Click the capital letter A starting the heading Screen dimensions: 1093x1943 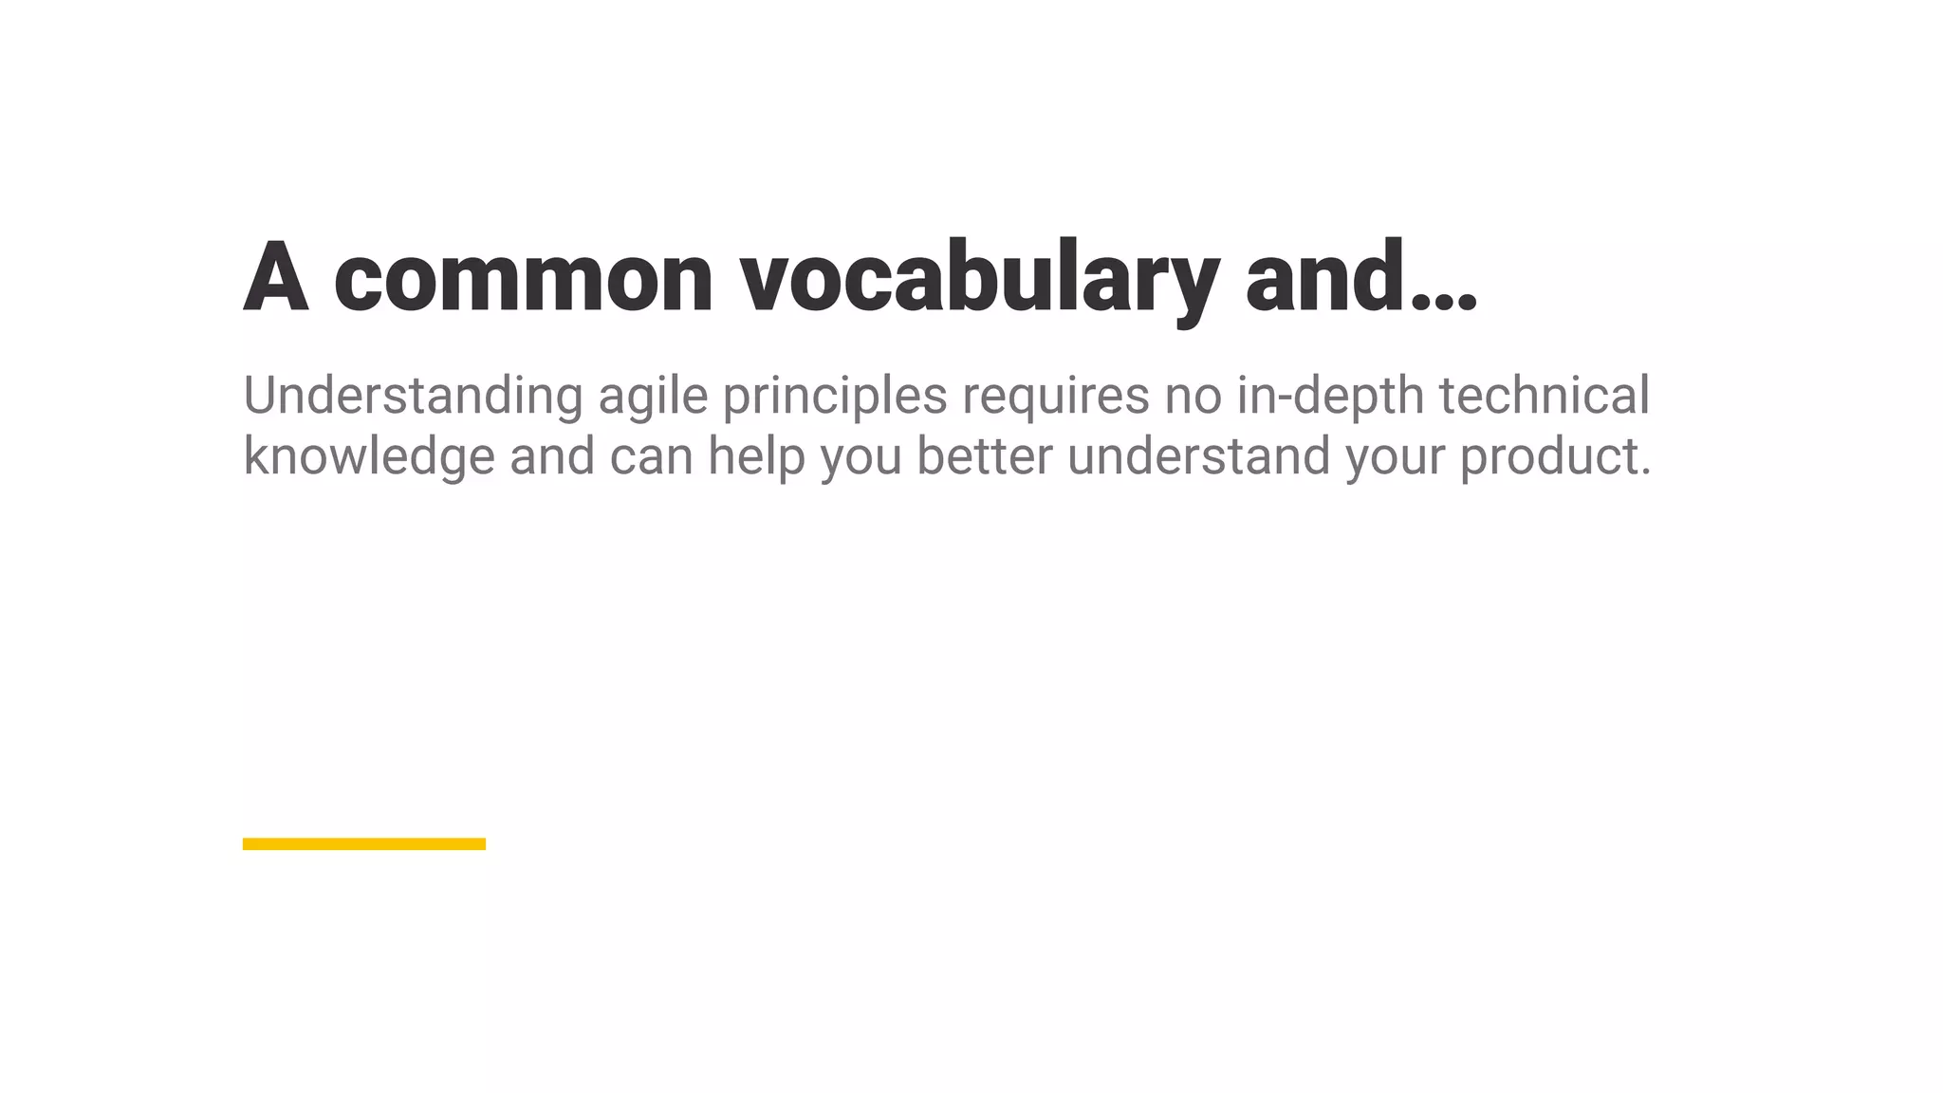[276, 277]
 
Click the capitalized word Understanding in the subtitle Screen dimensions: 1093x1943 [413, 396]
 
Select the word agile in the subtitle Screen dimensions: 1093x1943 [653, 396]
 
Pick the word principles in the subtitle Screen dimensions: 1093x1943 [835, 396]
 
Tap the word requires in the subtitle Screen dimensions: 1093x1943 [1056, 396]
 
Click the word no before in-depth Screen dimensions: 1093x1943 [1194, 396]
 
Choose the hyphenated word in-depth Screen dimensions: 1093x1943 [1330, 396]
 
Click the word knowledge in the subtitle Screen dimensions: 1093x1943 [369, 456]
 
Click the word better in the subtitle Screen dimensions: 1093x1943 [984, 456]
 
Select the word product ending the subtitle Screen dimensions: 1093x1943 [1549, 456]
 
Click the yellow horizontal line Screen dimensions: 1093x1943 [364, 843]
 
